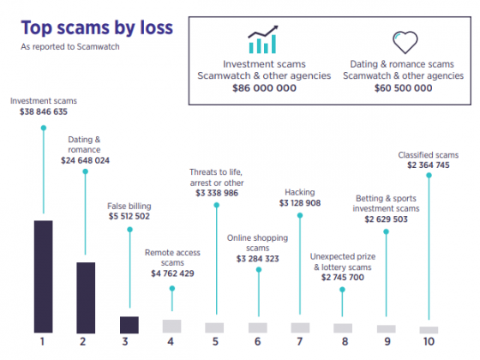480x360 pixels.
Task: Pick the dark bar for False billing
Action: click(x=129, y=324)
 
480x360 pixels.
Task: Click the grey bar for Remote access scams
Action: click(x=171, y=326)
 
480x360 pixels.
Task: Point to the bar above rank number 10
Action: click(x=429, y=329)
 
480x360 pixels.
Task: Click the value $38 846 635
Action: click(x=43, y=111)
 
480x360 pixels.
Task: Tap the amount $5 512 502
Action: click(x=129, y=217)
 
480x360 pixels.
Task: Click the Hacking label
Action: click(x=300, y=192)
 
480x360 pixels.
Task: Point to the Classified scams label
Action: click(x=429, y=155)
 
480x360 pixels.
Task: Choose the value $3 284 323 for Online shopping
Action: click(x=257, y=258)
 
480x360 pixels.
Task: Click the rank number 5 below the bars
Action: click(x=214, y=342)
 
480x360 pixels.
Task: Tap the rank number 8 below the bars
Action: click(x=343, y=342)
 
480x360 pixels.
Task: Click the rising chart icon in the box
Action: click(x=263, y=40)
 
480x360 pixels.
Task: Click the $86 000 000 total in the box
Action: click(x=264, y=87)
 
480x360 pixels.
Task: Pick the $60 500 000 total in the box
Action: click(x=403, y=87)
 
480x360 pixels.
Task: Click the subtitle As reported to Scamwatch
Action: click(x=69, y=47)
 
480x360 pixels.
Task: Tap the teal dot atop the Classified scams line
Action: click(x=429, y=177)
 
